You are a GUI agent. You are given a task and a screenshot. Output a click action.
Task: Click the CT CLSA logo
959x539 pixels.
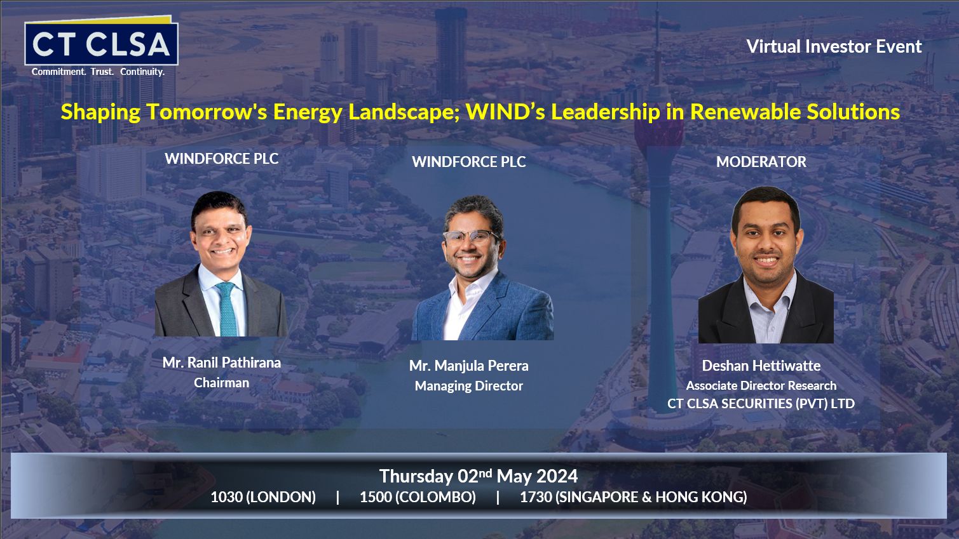point(102,41)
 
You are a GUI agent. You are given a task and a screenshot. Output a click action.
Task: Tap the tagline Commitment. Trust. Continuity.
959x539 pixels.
point(98,72)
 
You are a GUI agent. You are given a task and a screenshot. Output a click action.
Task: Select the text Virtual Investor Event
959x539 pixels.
point(834,46)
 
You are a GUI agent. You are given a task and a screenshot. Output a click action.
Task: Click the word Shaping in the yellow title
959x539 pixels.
point(100,112)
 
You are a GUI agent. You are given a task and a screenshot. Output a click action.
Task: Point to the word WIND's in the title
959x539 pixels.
point(505,112)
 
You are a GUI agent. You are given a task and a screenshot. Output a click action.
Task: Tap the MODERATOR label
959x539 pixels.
point(761,162)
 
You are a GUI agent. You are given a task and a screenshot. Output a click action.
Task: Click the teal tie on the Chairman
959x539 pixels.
point(228,309)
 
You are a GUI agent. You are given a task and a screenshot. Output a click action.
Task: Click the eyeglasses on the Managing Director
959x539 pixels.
point(470,236)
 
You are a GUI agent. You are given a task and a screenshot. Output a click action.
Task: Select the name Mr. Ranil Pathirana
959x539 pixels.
point(222,363)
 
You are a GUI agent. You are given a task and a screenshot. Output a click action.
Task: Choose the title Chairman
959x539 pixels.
point(221,382)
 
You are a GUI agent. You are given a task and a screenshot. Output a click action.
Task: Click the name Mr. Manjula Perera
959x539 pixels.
point(469,366)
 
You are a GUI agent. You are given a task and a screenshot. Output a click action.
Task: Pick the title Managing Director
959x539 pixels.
point(469,386)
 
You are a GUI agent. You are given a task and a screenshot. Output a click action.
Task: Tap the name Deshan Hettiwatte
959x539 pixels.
point(761,366)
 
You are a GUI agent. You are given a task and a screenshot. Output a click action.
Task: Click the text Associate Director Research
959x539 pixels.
point(761,385)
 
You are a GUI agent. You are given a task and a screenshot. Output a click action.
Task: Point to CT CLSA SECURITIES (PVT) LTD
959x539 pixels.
point(761,403)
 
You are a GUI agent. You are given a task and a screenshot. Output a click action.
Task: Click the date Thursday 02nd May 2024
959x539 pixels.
point(479,476)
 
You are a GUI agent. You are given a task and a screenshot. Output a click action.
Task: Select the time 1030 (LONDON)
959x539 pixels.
point(263,497)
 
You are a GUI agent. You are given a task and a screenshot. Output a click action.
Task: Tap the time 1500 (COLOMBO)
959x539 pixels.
point(418,497)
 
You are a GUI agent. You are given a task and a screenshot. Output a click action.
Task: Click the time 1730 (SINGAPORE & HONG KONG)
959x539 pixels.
point(634,497)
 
